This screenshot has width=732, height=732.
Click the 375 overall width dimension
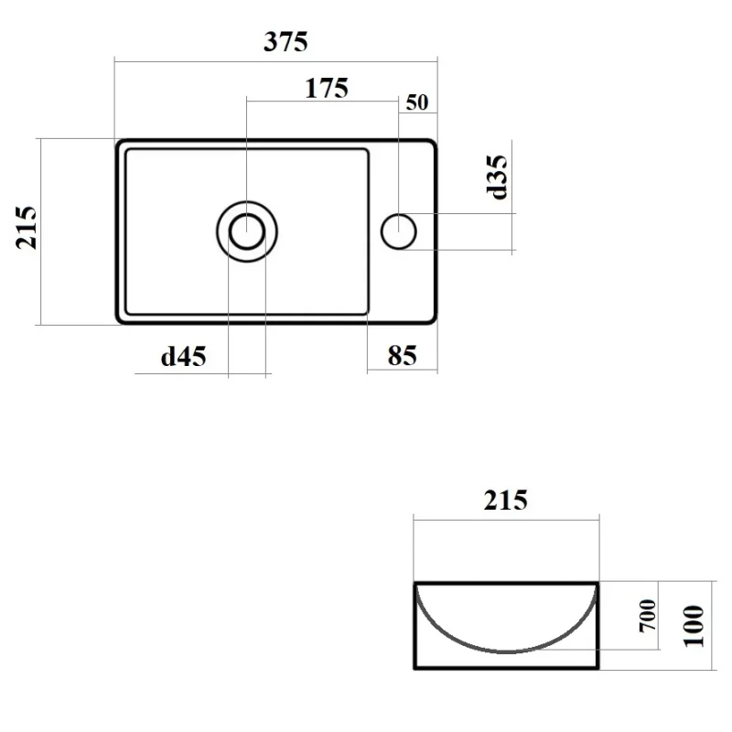point(285,41)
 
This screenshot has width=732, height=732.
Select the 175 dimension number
point(327,88)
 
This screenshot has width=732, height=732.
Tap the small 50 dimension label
point(417,102)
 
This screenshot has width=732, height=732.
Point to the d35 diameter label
point(497,177)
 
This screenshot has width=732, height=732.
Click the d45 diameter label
point(184,357)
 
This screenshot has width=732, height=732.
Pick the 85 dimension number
point(402,355)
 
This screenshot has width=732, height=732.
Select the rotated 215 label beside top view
point(27,227)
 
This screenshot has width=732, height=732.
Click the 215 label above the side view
point(506,500)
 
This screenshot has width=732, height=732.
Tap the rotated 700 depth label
point(648,615)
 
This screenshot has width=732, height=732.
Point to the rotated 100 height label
point(694,626)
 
